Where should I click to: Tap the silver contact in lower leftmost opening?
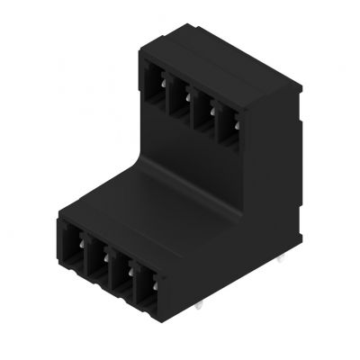point(81,241)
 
